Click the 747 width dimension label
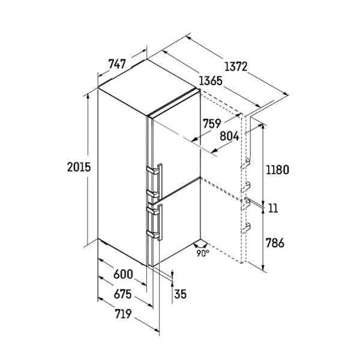point(118,64)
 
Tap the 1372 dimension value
point(236,67)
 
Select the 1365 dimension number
point(211,81)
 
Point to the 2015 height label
point(79,167)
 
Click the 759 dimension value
point(212,124)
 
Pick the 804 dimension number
point(229,136)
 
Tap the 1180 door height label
point(277,170)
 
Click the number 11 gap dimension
point(273,208)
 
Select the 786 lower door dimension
point(275,242)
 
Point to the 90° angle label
point(203,253)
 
